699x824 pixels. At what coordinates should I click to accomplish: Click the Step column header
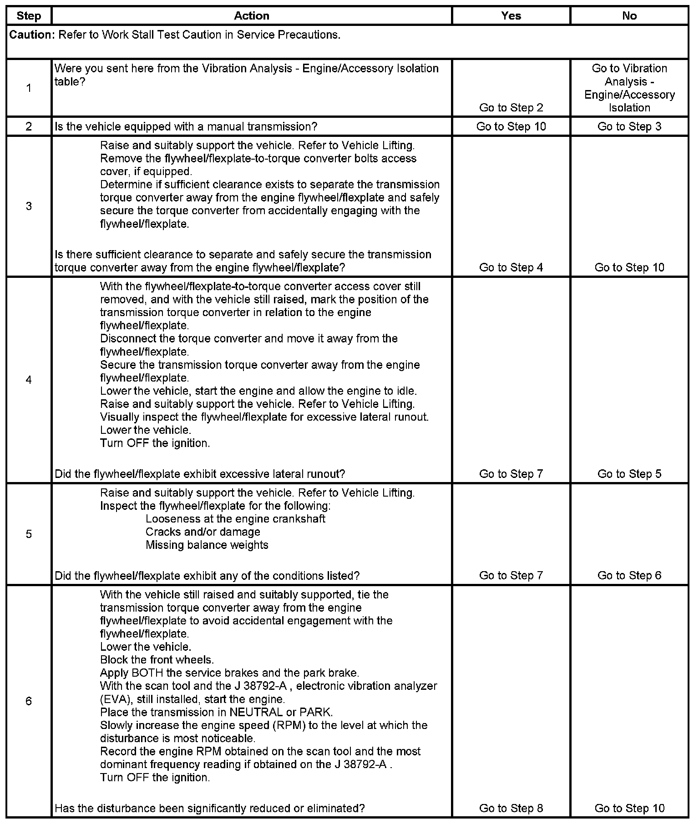coord(29,16)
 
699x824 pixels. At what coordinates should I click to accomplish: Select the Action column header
coord(251,16)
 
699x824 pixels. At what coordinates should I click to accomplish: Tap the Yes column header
coord(511,16)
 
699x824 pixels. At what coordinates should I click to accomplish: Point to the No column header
coord(629,16)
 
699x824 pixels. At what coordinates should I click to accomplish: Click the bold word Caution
coord(30,35)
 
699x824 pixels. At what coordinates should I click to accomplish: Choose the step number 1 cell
coord(29,88)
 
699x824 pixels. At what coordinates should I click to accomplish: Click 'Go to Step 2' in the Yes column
coord(511,108)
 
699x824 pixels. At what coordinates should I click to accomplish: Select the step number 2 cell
coord(29,126)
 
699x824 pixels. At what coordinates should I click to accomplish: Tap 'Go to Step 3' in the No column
coord(629,126)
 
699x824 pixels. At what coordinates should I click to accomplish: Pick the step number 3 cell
coord(29,206)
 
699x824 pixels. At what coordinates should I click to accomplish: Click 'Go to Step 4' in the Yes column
coord(511,267)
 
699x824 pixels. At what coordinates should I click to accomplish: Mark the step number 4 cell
coord(29,380)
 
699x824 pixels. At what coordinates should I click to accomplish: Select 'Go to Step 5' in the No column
coord(629,474)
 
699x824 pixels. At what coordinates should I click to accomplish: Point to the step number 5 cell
coord(29,534)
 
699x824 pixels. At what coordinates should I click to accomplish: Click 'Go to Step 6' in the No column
coord(629,575)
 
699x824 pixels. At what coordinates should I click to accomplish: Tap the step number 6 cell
coord(29,701)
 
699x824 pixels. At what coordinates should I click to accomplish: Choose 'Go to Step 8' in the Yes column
coord(511,808)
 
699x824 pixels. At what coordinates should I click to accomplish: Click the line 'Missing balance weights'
coord(207,545)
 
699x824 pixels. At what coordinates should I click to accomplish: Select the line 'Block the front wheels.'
coord(157,660)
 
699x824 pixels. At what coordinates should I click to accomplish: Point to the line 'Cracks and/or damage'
coord(203,532)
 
